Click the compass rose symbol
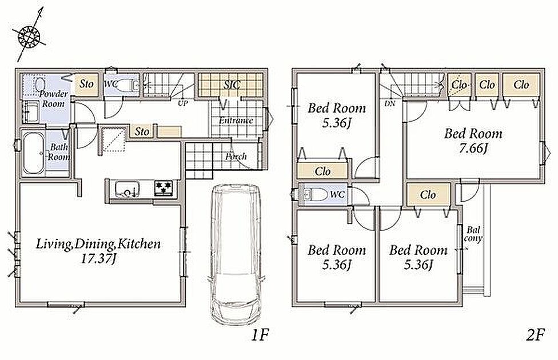pos(29,36)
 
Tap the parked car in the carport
pos(236,254)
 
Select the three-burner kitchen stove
pos(164,187)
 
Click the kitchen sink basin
pos(127,189)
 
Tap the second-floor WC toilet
pos(315,194)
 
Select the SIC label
pos(232,85)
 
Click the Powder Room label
pos(53,98)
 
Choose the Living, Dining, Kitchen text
pos(98,244)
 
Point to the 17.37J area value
pos(98,259)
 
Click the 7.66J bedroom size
pos(473,148)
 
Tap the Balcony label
pos(473,234)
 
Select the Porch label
pos(236,156)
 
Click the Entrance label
pos(236,120)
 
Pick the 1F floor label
pos(260,335)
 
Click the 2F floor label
pos(535,335)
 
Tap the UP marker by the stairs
pos(183,103)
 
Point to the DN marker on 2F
pos(390,104)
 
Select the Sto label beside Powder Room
pos(86,84)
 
